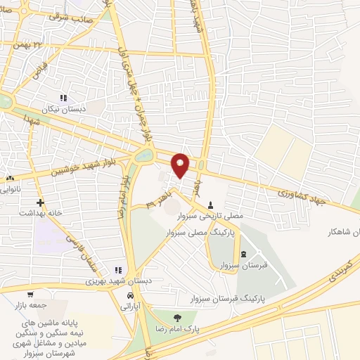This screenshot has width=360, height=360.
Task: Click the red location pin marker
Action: coord(181,165)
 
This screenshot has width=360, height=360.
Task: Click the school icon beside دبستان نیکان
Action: coord(63,98)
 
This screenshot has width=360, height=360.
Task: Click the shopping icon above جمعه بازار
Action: coord(30,295)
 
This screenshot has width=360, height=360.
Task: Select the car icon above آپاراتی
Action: coord(131,295)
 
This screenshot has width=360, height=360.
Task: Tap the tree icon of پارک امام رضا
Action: coord(177,318)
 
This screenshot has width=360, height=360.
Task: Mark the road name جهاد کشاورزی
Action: coord(302,191)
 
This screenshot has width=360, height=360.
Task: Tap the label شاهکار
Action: coord(342,231)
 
